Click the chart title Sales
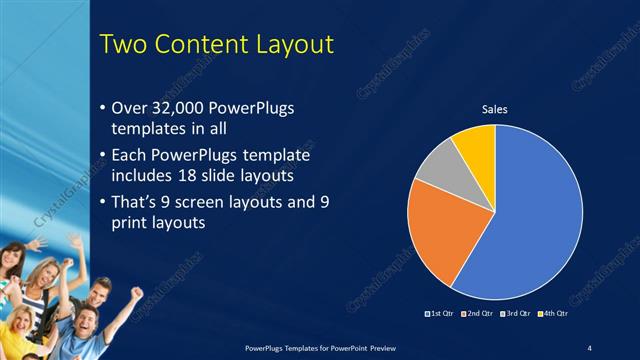tap(495, 108)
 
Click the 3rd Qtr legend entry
tap(514, 314)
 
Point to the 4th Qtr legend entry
tap(551, 314)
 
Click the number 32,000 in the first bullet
tap(186, 108)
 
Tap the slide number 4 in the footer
tap(589, 346)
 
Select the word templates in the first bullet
tap(144, 128)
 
